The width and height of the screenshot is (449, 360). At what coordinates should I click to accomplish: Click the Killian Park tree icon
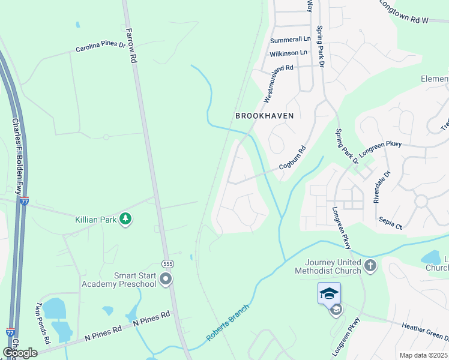[125, 220]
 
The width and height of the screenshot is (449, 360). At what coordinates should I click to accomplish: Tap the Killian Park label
[95, 220]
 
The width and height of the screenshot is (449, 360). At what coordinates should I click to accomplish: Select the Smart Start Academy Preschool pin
[166, 279]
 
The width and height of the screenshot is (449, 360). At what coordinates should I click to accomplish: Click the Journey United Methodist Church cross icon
[370, 265]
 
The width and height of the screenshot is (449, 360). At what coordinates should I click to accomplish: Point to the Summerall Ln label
[291, 40]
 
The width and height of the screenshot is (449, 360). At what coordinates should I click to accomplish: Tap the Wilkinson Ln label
[288, 53]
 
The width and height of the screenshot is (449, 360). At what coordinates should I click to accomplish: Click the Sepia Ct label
[390, 224]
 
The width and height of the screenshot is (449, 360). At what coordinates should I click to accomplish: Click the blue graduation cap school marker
[329, 293]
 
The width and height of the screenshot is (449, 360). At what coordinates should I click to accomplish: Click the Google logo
[20, 353]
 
